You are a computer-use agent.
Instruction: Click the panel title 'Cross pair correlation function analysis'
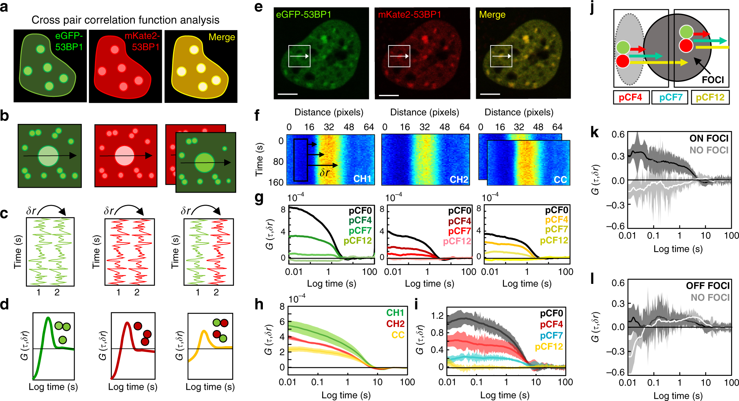125,20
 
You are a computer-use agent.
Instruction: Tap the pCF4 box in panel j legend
630,98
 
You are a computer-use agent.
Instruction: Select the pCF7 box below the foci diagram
670,98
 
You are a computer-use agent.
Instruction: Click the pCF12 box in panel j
710,98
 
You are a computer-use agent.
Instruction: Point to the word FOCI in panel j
712,80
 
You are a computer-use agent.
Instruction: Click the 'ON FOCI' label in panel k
709,139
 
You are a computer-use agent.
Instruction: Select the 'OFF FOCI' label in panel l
707,286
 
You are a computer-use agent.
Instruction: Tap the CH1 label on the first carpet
362,179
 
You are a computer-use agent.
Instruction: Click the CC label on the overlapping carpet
560,180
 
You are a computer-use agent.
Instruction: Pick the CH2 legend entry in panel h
395,324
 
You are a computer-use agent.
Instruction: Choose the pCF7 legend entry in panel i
551,335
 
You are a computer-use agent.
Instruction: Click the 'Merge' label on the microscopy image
492,15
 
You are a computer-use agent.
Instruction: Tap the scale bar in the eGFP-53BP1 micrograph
288,94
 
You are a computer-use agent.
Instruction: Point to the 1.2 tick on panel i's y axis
437,315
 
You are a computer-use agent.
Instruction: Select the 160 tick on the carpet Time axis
276,182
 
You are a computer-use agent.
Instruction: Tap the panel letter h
259,304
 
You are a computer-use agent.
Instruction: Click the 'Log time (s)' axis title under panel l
678,396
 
